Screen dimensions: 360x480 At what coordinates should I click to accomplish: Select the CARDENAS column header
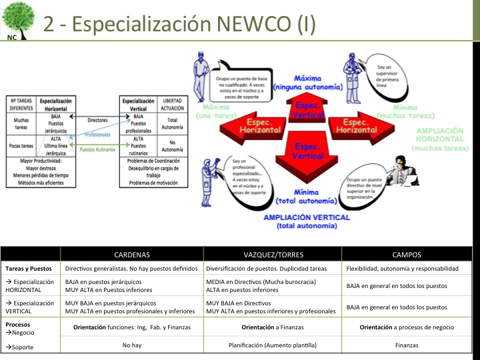tap(131, 254)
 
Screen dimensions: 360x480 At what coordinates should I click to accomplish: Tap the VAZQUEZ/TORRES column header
tap(273, 254)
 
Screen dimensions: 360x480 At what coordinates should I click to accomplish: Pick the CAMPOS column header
tap(407, 254)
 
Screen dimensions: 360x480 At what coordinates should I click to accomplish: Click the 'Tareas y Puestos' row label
tap(29, 269)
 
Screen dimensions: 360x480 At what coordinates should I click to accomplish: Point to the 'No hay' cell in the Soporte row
tap(131, 345)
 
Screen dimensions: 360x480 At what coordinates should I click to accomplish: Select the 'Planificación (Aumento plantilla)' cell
tap(273, 345)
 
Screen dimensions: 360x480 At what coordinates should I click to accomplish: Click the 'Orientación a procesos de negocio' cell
tap(407, 327)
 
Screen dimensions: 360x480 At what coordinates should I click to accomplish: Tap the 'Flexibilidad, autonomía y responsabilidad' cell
tap(403, 269)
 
